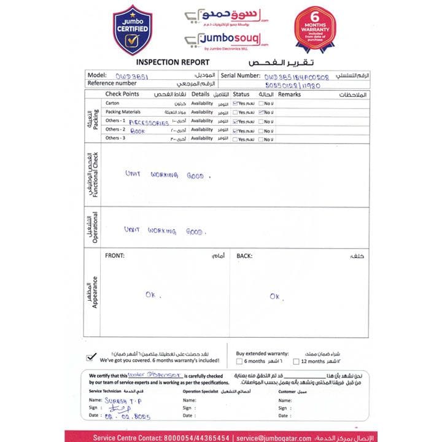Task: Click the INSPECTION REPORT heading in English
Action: pyautogui.click(x=173, y=62)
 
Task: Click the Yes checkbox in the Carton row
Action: pyautogui.click(x=235, y=104)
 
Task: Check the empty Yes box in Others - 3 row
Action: pyautogui.click(x=235, y=139)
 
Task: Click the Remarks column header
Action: pyautogui.click(x=289, y=95)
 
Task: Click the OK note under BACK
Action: pyautogui.click(x=274, y=297)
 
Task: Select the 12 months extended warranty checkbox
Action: pyautogui.click(x=296, y=362)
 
